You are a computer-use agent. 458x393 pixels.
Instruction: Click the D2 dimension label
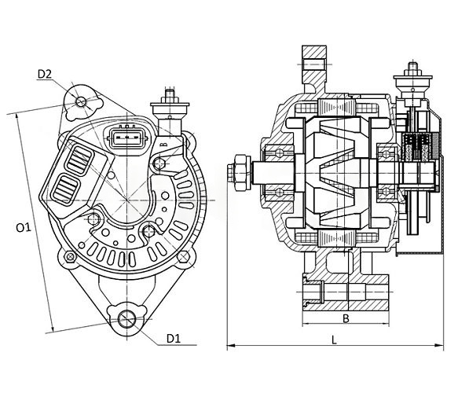(x=45, y=74)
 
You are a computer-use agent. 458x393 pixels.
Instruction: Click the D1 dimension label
(x=174, y=338)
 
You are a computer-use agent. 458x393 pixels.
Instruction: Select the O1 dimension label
(x=24, y=227)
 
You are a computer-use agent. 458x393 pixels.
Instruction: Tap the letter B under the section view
(x=346, y=318)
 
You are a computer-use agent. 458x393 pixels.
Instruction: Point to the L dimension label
(x=334, y=340)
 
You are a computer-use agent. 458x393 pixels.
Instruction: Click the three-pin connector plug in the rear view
(x=126, y=136)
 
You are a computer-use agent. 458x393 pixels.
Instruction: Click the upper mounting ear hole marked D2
(x=81, y=101)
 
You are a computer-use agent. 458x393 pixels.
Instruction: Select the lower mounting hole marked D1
(x=126, y=318)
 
